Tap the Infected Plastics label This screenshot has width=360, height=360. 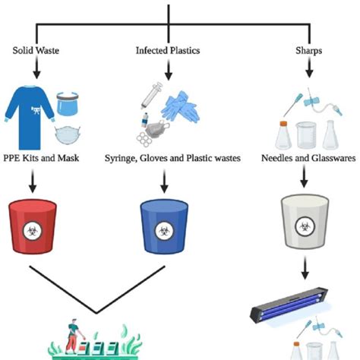[x=167, y=52]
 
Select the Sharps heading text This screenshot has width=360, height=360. [x=308, y=52]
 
